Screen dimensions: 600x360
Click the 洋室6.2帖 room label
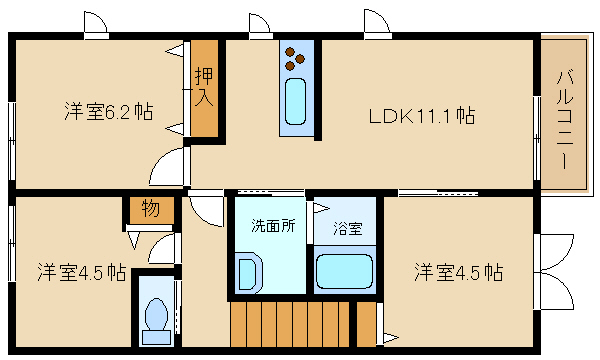pos(109,112)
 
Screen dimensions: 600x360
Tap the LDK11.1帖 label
pos(422,116)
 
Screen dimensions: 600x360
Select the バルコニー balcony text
pos(564,119)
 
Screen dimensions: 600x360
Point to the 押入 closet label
pos(204,87)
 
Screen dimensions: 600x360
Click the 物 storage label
pos(150,209)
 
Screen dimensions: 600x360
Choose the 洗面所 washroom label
pos(273,226)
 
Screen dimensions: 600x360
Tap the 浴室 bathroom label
pos(347,228)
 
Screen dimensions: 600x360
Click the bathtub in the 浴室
pos(344,271)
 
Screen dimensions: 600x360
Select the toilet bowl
pos(156,315)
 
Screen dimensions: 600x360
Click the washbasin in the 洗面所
pos(248,273)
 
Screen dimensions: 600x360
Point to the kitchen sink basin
pos(296,101)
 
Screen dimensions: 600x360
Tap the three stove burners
pos(295,59)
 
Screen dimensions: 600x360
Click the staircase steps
pos(290,324)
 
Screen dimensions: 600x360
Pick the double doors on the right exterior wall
pos(554,271)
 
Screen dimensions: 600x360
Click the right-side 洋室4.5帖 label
pos(459,272)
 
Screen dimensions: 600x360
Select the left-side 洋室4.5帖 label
pos(82,272)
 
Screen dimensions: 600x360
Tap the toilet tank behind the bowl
pos(156,337)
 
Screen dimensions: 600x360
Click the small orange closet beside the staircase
pos(366,324)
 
